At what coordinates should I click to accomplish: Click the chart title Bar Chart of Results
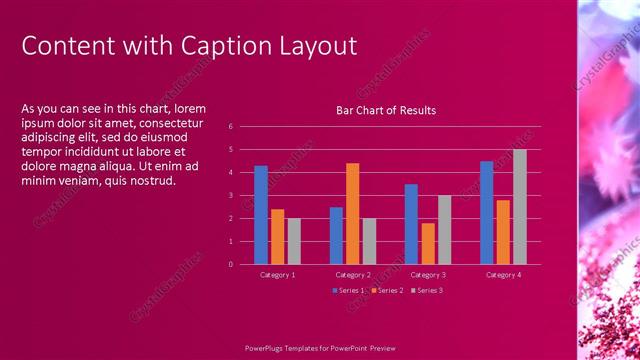click(386, 110)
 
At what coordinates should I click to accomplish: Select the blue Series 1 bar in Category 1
click(261, 215)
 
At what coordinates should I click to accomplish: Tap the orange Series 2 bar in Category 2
click(352, 213)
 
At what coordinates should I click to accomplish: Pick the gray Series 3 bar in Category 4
click(520, 207)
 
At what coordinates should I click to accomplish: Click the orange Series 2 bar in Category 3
click(428, 243)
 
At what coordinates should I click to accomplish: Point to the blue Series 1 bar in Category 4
click(487, 212)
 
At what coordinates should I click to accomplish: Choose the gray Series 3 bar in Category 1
click(294, 241)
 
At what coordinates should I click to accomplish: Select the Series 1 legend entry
click(349, 290)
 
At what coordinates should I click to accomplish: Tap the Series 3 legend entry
click(428, 290)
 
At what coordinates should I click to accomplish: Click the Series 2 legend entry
click(388, 290)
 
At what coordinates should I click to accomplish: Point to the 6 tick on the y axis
click(230, 127)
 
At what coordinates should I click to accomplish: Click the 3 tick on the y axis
click(230, 195)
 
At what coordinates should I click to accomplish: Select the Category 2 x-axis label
click(352, 274)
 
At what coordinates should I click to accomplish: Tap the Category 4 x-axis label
click(503, 274)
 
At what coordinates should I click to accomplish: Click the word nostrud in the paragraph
click(147, 181)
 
